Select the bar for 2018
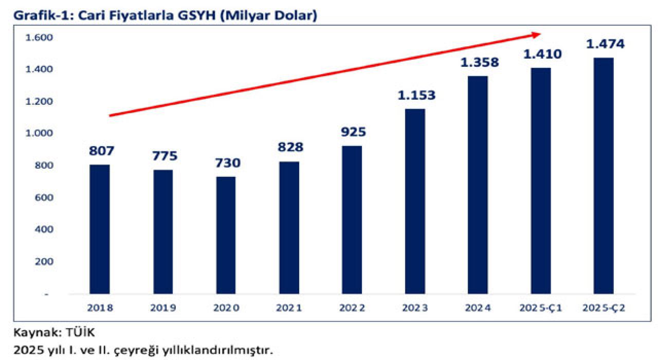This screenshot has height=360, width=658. coord(100,229)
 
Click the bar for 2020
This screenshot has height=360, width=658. coord(226,236)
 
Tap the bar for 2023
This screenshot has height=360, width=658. coord(415,202)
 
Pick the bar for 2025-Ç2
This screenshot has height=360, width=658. coord(604,176)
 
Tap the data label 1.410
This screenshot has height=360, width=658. coord(542,54)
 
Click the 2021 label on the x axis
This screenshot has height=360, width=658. coord(289,308)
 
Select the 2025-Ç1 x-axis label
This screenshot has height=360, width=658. coord(540,308)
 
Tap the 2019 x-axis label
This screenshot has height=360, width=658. coord(163,308)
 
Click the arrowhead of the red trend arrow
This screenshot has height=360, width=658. coord(537,34)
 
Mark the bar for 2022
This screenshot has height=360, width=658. coord(352,220)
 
